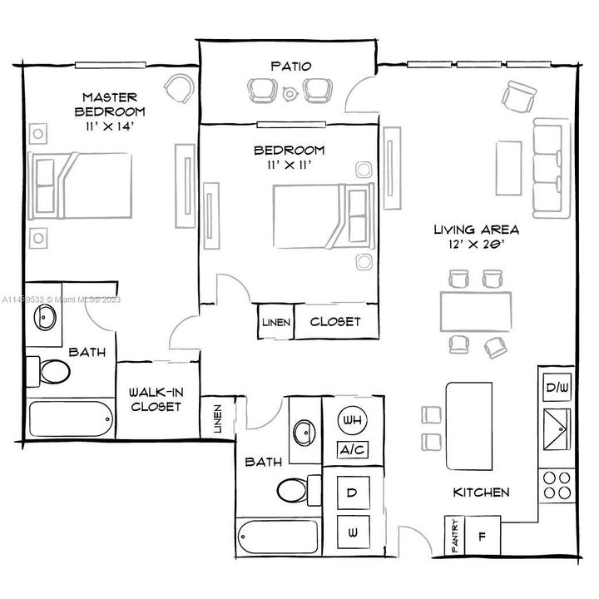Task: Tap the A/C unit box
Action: [349, 449]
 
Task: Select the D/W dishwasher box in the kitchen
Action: [555, 388]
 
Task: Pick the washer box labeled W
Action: [352, 529]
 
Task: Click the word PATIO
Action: [290, 65]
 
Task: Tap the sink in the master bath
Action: [45, 320]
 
